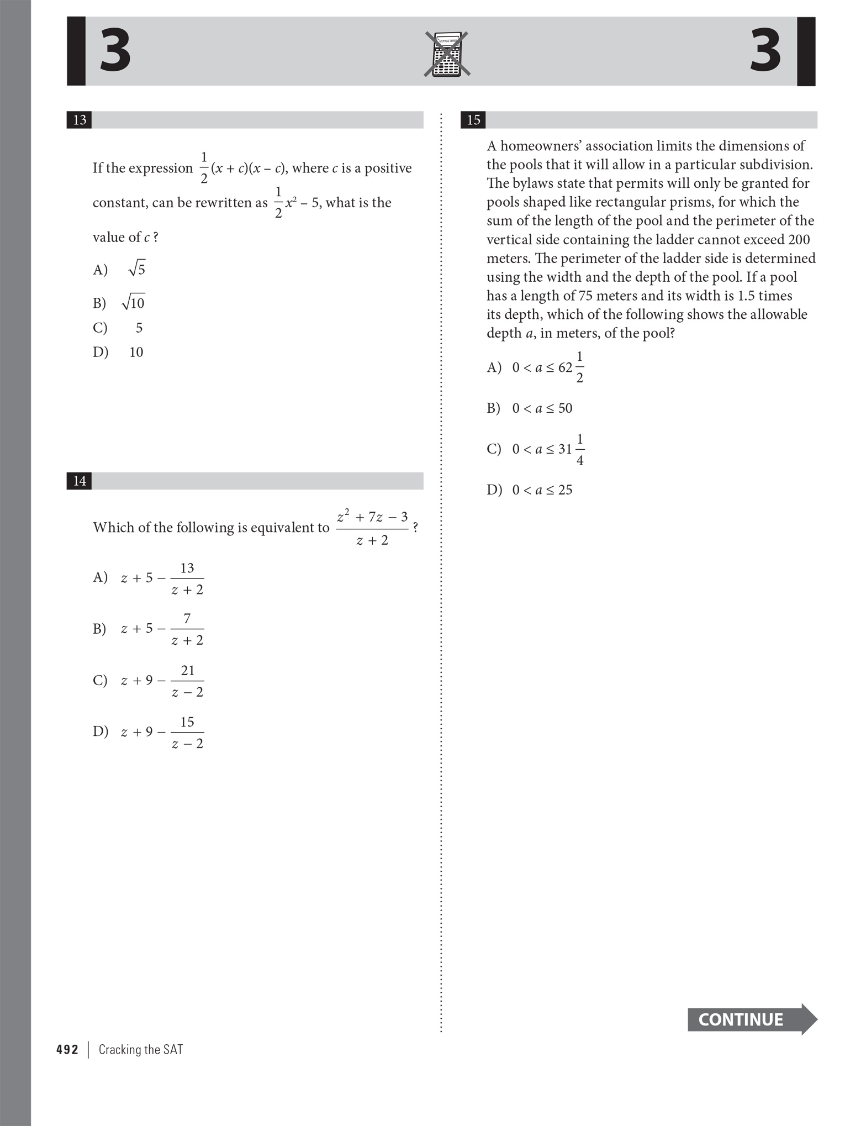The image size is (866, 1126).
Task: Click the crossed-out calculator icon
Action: pyautogui.click(x=447, y=54)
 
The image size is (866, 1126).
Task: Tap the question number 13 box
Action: pyautogui.click(x=80, y=120)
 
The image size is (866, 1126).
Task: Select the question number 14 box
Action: pyautogui.click(x=80, y=481)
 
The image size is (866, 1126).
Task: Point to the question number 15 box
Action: pyautogui.click(x=473, y=120)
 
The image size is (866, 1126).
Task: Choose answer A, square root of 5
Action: pyautogui.click(x=136, y=269)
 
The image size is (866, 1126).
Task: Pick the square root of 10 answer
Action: pyautogui.click(x=133, y=302)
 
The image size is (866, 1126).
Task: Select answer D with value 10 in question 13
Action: pyautogui.click(x=136, y=352)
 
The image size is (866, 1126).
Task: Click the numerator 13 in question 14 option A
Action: pyautogui.click(x=187, y=568)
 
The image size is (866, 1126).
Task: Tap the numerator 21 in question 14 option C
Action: pyautogui.click(x=188, y=670)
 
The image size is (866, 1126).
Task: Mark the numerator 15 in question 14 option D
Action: pyautogui.click(x=187, y=722)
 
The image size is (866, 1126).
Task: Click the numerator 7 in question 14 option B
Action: pyautogui.click(x=187, y=618)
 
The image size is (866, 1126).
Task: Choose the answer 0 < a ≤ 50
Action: pyautogui.click(x=542, y=408)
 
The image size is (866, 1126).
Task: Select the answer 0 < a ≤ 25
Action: pyautogui.click(x=542, y=490)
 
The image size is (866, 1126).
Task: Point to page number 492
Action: pyautogui.click(x=67, y=1050)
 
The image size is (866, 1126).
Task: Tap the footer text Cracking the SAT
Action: pyautogui.click(x=140, y=1050)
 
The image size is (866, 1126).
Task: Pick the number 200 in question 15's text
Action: pyautogui.click(x=799, y=240)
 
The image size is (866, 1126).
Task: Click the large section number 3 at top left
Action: pyautogui.click(x=115, y=51)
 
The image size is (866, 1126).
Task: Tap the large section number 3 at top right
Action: pyautogui.click(x=765, y=51)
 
